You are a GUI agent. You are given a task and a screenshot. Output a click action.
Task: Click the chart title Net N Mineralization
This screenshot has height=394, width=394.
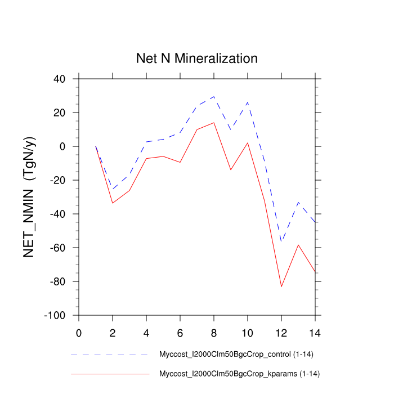point(197,59)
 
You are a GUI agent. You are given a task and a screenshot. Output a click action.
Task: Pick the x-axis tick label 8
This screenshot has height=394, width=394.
point(214,332)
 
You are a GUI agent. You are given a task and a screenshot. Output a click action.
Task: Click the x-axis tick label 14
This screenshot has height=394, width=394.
point(315,332)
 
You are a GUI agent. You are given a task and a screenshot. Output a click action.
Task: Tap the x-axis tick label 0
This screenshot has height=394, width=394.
point(79,332)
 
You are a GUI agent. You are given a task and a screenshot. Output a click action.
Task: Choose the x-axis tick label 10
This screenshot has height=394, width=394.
point(248,332)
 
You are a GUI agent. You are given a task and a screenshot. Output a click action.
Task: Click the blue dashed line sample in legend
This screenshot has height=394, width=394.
point(110,355)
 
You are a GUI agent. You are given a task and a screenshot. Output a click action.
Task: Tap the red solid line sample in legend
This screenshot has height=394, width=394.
point(110,374)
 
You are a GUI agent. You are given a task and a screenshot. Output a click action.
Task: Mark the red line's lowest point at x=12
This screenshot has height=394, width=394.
point(281,286)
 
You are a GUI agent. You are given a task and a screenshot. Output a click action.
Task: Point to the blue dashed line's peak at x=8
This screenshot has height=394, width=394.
point(214,96)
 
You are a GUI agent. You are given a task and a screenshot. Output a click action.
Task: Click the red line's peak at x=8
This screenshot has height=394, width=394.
point(214,123)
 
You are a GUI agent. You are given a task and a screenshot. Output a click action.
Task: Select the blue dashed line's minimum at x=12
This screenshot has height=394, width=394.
point(281,241)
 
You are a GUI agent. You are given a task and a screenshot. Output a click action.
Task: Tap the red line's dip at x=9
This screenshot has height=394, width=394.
point(231,170)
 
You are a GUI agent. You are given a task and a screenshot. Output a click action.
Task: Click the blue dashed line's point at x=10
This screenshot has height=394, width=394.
point(248,102)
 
